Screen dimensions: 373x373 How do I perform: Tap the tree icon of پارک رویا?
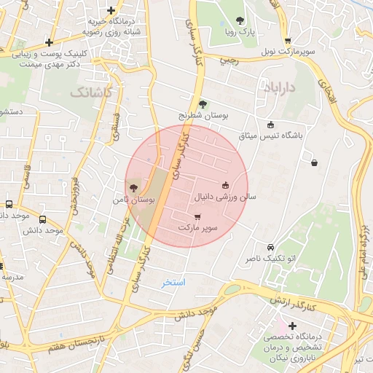point(241,20)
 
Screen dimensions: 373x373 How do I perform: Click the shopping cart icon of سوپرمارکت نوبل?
point(288,41)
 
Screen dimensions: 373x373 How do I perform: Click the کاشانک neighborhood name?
point(93,93)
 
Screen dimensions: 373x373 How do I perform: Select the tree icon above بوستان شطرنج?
point(203,103)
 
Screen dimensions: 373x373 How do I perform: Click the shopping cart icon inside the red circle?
point(198,216)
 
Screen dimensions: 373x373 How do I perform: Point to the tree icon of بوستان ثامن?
point(132,188)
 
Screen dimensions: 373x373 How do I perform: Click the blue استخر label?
point(174,281)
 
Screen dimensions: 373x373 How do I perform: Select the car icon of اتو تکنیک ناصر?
point(271,247)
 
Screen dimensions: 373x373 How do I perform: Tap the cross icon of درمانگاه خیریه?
point(110,11)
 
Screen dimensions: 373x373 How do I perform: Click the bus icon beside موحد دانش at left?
point(42,219)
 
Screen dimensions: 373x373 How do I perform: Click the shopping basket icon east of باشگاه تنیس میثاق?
point(314,162)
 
